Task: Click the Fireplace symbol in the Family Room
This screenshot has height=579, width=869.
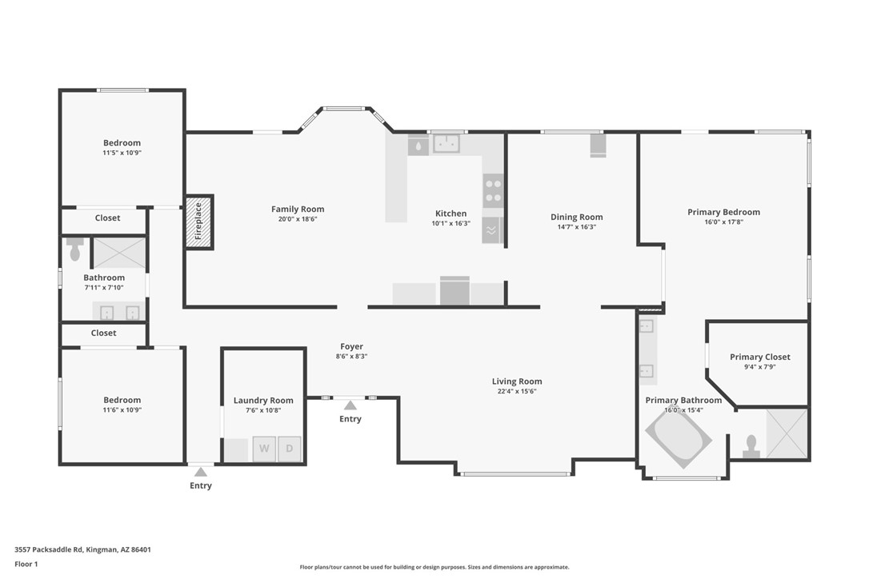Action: [x=199, y=222]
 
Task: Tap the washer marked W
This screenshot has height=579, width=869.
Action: [x=264, y=449]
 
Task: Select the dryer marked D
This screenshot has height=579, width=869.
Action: [x=290, y=449]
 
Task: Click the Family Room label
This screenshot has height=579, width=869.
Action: [x=298, y=210]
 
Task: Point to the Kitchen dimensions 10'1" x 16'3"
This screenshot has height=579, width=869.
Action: [x=451, y=224]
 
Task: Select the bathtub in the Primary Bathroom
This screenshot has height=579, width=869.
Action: [x=678, y=438]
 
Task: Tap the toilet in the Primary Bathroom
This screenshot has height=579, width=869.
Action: [x=751, y=446]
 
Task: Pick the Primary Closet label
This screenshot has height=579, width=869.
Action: [x=759, y=357]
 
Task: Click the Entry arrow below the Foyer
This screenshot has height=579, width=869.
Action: [x=350, y=405]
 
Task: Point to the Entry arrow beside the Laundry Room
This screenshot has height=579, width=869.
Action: [x=201, y=472]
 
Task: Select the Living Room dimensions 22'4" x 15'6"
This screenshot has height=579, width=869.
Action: [x=517, y=391]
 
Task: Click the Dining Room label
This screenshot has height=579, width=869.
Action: [x=576, y=217]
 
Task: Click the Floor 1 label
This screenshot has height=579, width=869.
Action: [x=26, y=564]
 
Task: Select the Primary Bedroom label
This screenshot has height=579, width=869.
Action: [x=723, y=212]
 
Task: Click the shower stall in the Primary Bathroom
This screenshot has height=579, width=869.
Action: [x=787, y=433]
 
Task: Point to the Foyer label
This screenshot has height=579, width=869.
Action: [x=351, y=346]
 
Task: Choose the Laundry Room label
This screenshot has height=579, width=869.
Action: [x=263, y=400]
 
